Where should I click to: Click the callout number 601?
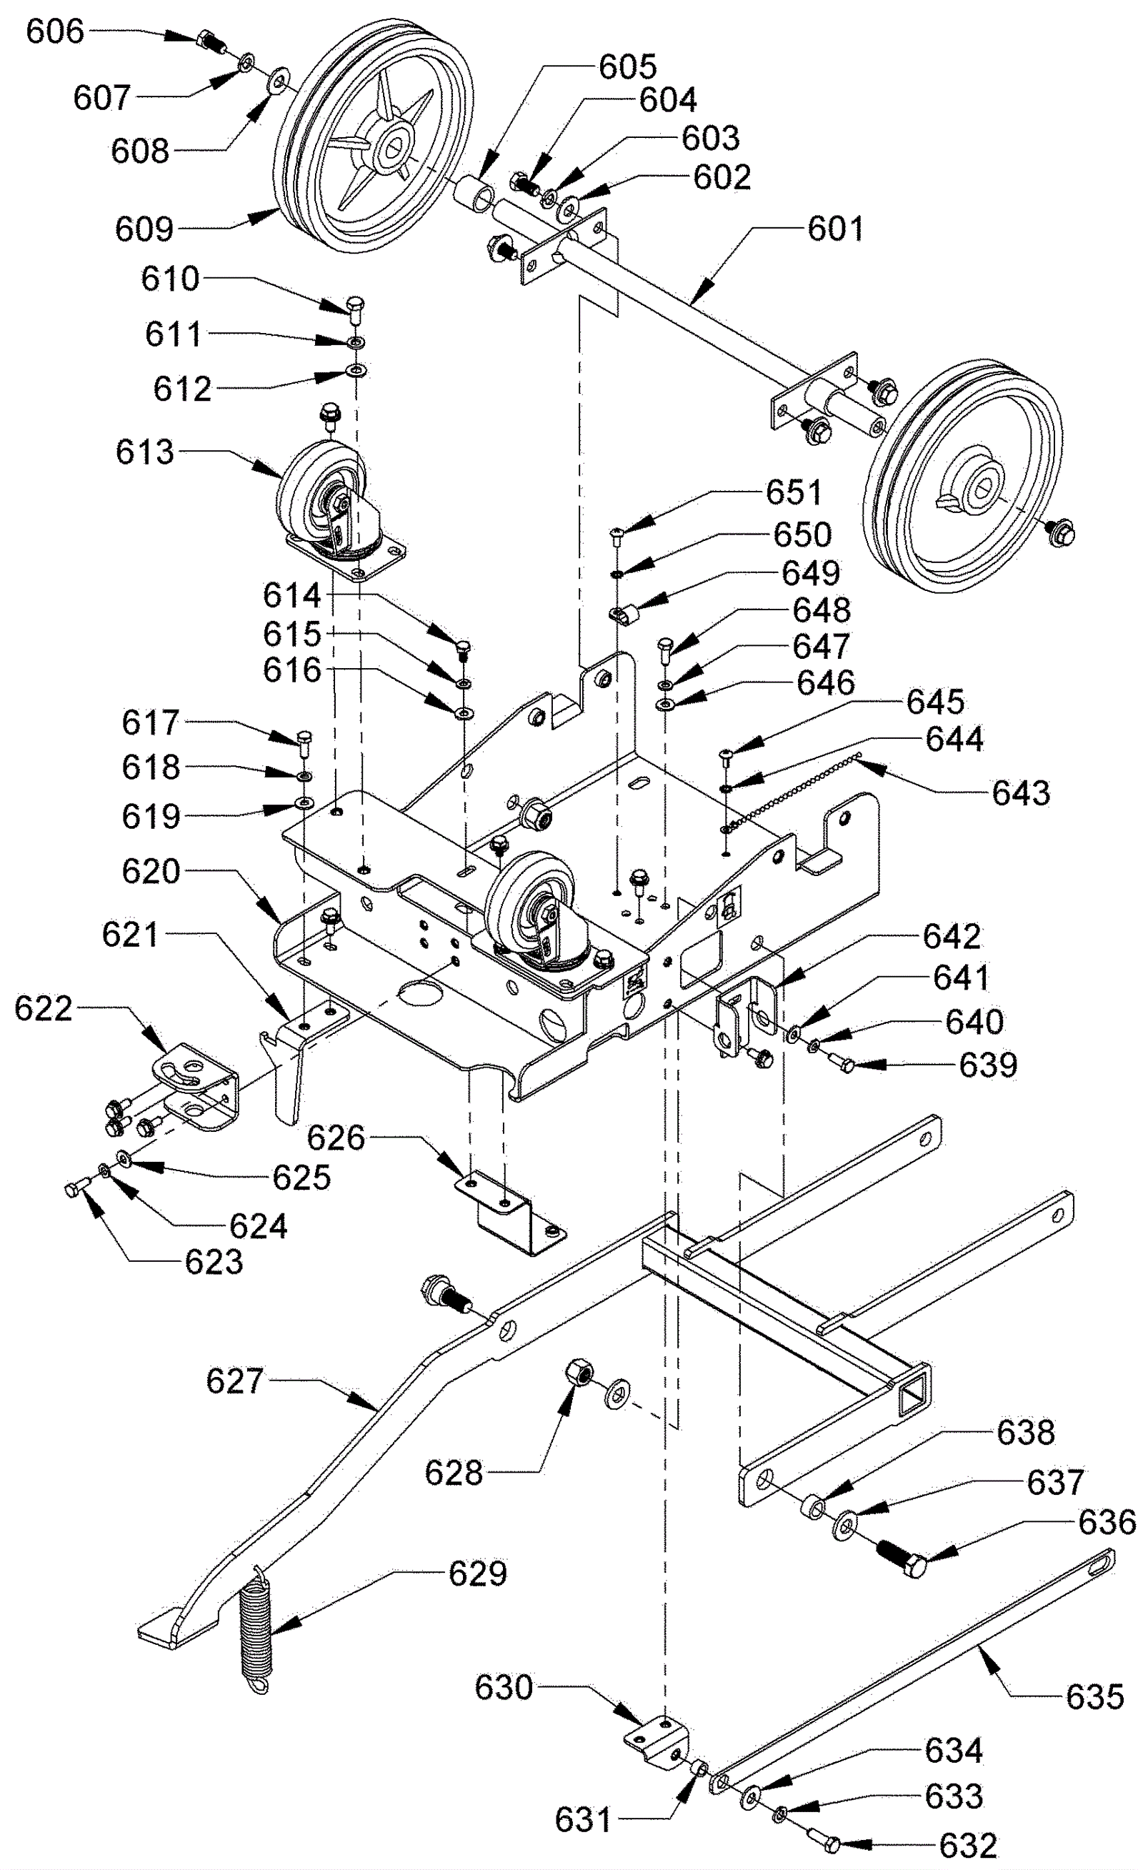click(835, 229)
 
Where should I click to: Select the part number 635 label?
click(1094, 1697)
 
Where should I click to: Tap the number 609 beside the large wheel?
click(144, 229)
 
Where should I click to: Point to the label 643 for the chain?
click(1021, 792)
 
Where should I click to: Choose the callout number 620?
click(150, 870)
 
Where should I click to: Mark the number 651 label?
click(793, 492)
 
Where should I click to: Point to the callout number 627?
click(234, 1381)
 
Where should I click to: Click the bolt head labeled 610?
click(354, 306)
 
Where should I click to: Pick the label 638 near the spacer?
click(1024, 1432)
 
